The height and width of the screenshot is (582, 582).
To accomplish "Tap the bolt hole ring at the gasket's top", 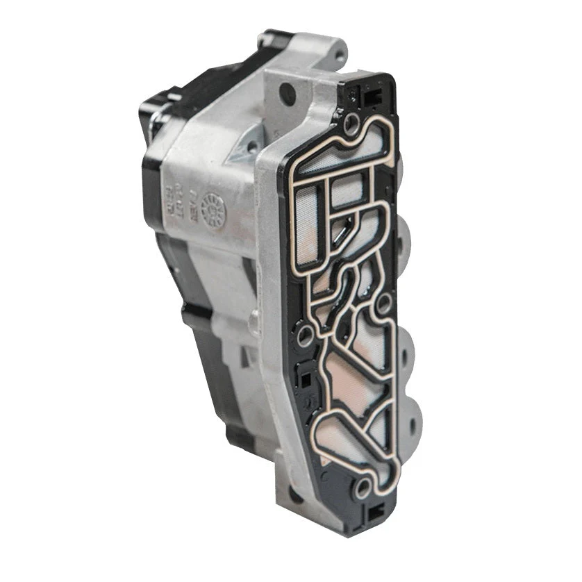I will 352,126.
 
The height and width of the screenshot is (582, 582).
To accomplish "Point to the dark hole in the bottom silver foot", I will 296,495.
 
